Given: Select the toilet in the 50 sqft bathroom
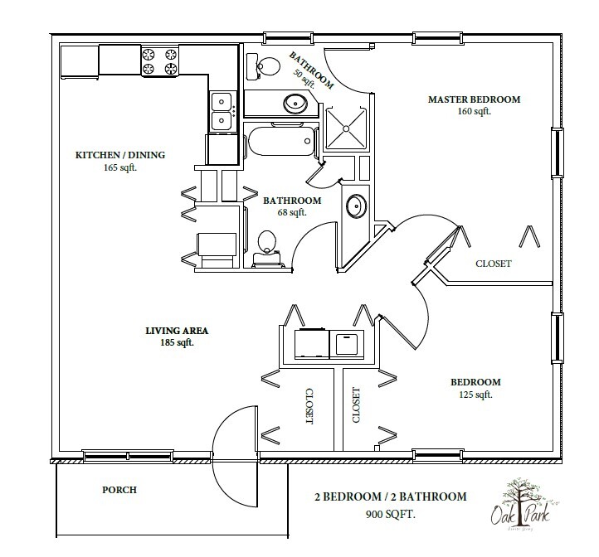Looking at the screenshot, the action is click(x=266, y=64).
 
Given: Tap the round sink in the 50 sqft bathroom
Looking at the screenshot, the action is click(x=295, y=104).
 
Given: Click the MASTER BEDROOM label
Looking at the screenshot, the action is click(x=474, y=99).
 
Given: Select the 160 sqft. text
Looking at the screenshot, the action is click(x=474, y=111).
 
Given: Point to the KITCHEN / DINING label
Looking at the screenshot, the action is click(x=121, y=154).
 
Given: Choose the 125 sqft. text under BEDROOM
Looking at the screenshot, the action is click(x=475, y=395).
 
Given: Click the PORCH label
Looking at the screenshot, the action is click(x=120, y=490).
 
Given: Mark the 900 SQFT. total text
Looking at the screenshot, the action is click(x=389, y=512).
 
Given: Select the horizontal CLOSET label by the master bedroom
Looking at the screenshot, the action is click(x=493, y=264).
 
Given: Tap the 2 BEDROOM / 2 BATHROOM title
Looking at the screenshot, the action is click(x=390, y=496).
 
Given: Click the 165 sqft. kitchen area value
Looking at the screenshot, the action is click(x=121, y=167).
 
